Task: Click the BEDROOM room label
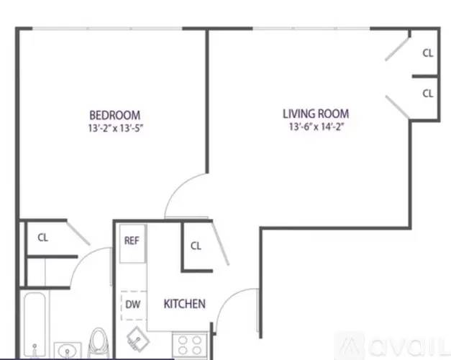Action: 115,115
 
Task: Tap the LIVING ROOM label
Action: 316,114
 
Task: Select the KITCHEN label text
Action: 185,304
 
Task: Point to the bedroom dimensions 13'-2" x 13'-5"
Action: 115,128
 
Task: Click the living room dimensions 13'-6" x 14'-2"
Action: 316,127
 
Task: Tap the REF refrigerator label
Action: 132,240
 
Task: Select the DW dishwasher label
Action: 133,304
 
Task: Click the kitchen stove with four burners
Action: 190,345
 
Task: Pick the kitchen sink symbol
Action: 138,339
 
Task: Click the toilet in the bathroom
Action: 99,343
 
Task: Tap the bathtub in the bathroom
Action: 35,325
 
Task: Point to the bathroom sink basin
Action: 68,351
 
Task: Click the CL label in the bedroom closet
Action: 43,238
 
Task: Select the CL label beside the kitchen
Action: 196,246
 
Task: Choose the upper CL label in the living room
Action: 428,53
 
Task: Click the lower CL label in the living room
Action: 428,94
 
